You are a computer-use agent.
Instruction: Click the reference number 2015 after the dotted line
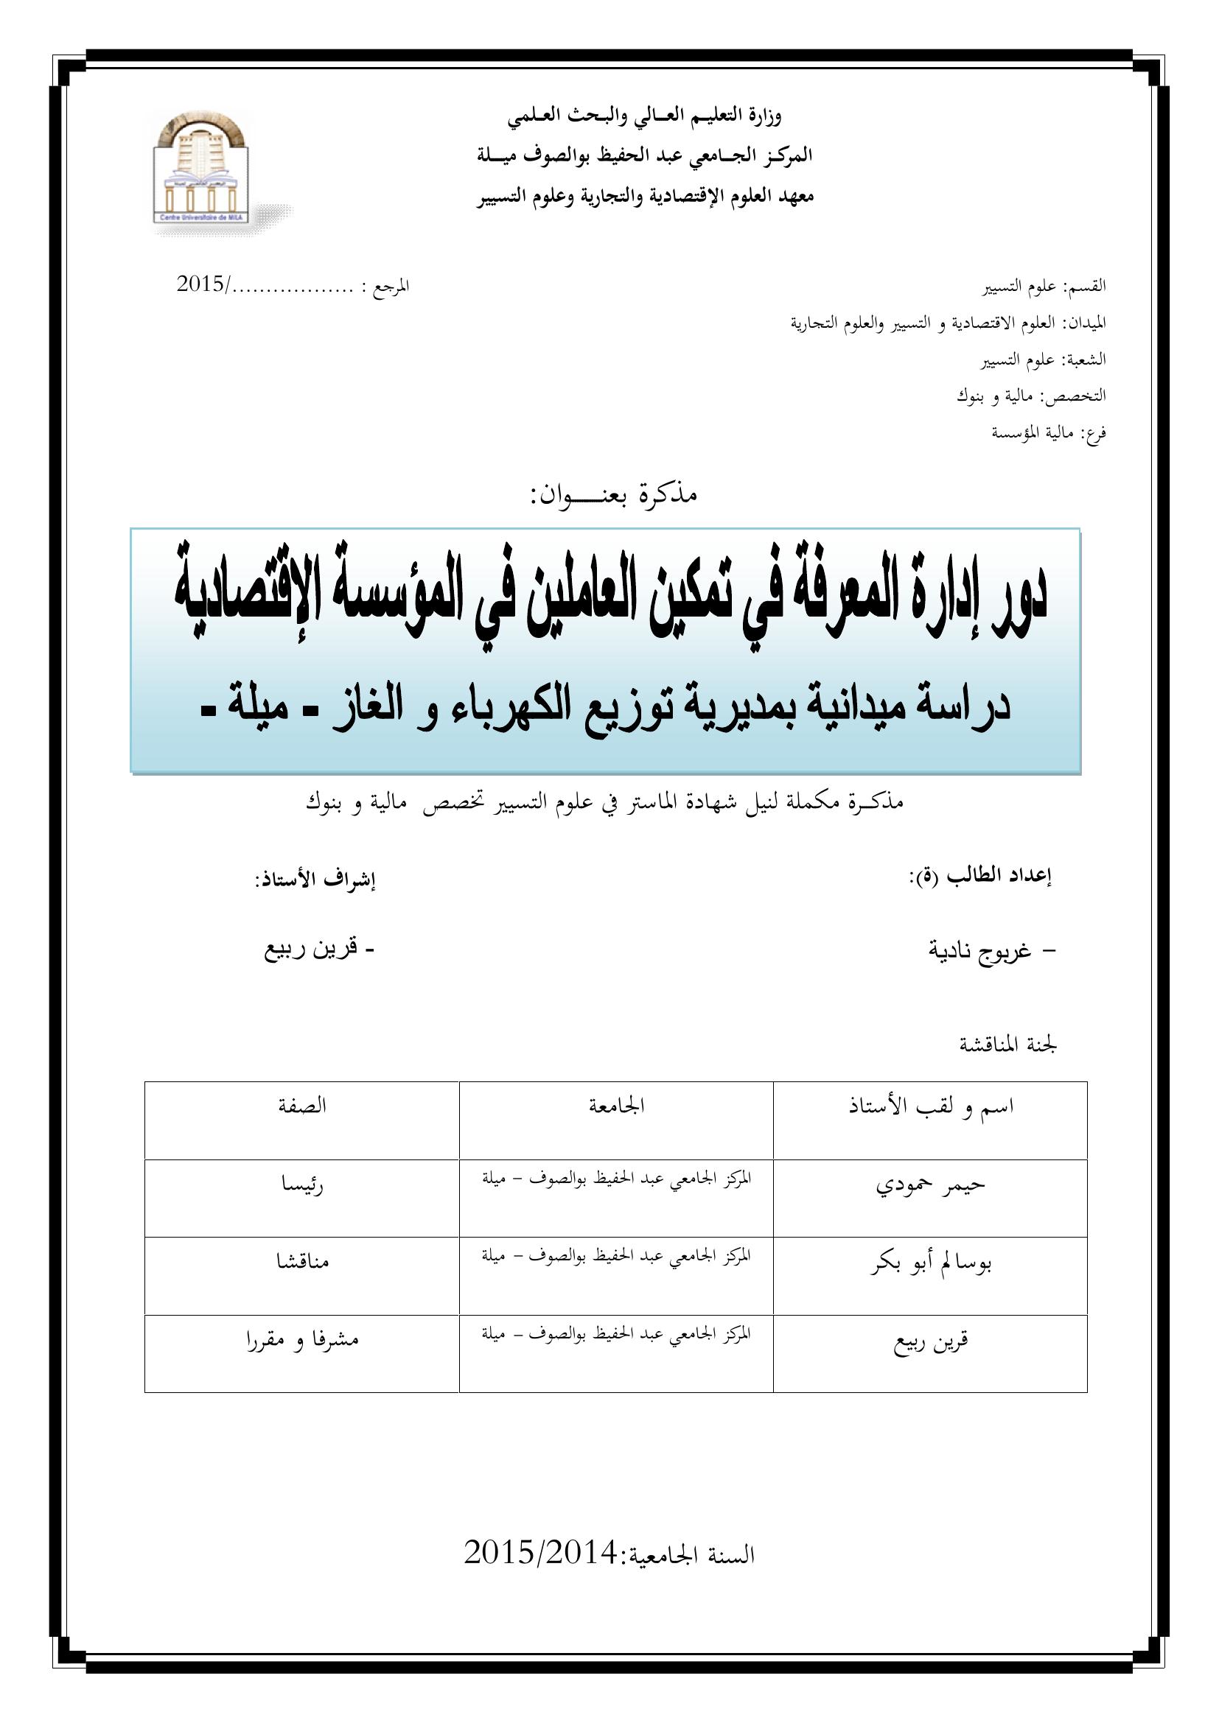point(201,284)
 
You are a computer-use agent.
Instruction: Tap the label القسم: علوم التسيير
point(1045,287)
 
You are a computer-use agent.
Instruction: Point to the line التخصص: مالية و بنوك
point(1030,396)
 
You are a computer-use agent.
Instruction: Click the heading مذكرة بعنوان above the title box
point(614,495)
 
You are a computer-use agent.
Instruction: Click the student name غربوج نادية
point(980,951)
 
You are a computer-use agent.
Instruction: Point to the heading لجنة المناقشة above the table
point(1009,1044)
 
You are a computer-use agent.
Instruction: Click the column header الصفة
point(301,1106)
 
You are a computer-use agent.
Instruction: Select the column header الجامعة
point(618,1106)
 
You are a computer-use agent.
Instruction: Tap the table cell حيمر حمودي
point(931,1185)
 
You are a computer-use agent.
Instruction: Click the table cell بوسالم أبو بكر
point(931,1263)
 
